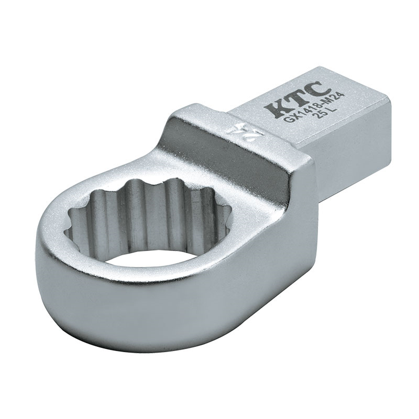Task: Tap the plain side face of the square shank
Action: pyautogui.click(x=349, y=155)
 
